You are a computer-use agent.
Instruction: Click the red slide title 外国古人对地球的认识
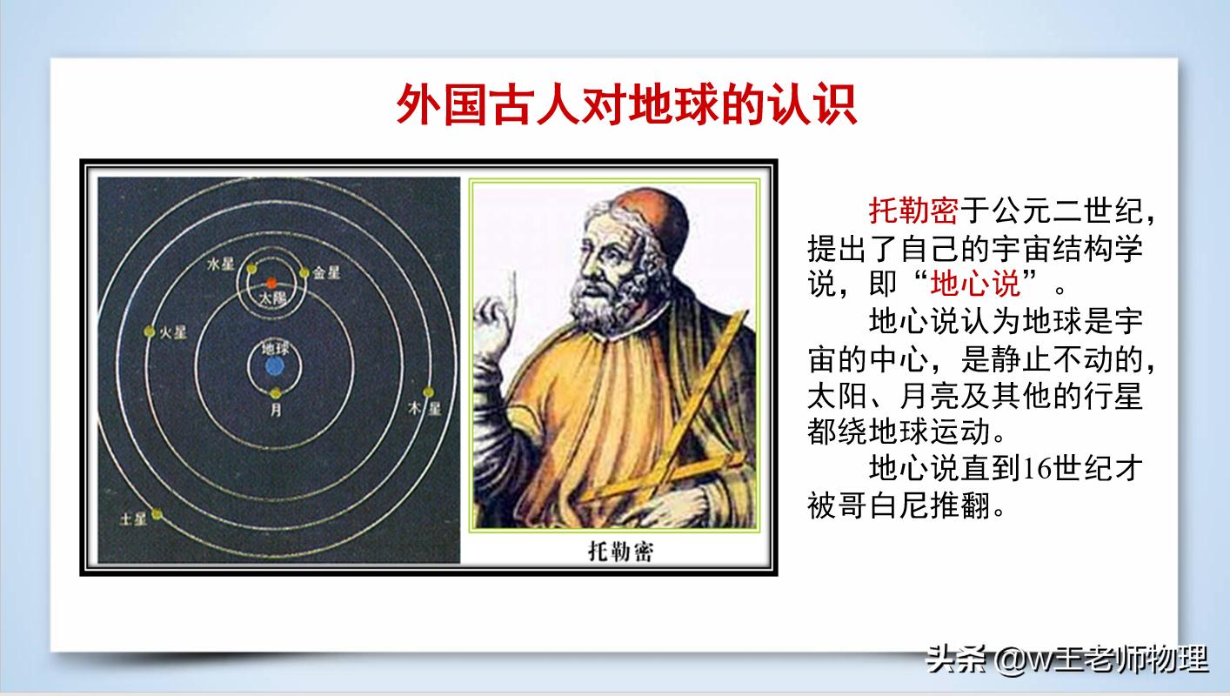pyautogui.click(x=626, y=106)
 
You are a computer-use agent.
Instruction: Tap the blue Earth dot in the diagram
pyautogui.click(x=275, y=368)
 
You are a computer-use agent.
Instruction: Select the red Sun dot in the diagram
pyautogui.click(x=271, y=283)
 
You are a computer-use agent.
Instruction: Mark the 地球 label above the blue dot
pyautogui.click(x=275, y=349)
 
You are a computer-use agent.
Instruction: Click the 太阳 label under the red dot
pyautogui.click(x=271, y=298)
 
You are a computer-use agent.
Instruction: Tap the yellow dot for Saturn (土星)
pyautogui.click(x=157, y=514)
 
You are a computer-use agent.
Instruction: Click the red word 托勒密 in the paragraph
pyautogui.click(x=913, y=211)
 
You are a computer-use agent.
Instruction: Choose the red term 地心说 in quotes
pyautogui.click(x=975, y=284)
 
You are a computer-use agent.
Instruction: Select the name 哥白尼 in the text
pyautogui.click(x=900, y=505)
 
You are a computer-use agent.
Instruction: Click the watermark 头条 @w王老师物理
pyautogui.click(x=1067, y=659)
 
